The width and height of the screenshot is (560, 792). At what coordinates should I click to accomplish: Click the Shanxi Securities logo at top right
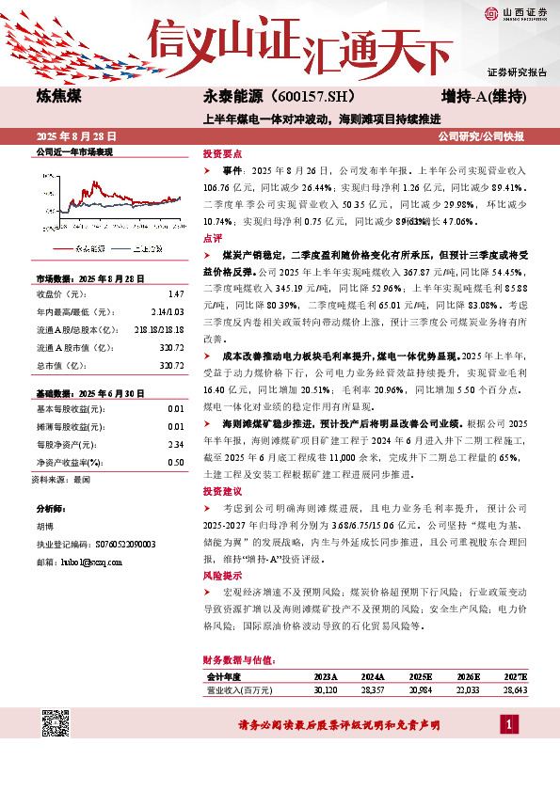coord(516,12)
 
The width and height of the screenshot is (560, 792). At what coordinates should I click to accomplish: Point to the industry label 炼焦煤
coord(57,97)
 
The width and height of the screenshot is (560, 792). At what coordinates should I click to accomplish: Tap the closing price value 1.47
coord(176,293)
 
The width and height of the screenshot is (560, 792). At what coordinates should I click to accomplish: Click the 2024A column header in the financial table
coord(373,676)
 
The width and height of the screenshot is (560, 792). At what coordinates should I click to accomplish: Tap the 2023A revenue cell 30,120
coord(325,689)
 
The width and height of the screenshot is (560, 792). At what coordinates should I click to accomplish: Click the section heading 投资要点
coord(222,153)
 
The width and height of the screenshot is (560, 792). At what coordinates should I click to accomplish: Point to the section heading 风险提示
coord(222,575)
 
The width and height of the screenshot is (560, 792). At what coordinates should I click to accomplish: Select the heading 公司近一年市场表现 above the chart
coord(74,151)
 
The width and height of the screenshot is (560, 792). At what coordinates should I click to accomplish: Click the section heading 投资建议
coord(222,492)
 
